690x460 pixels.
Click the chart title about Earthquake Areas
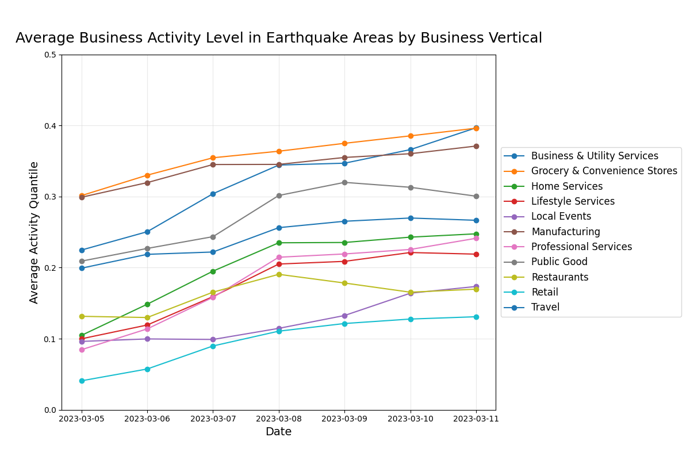tap(278, 39)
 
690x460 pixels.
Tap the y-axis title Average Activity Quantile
tap(34, 232)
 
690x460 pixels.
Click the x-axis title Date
tap(278, 432)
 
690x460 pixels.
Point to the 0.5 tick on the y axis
tap(51, 55)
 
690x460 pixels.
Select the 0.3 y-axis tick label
tap(51, 197)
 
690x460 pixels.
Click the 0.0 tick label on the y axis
tap(51, 410)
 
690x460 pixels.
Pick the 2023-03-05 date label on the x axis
tap(82, 419)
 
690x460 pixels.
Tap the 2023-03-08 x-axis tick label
tap(279, 419)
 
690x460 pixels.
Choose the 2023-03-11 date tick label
tap(476, 419)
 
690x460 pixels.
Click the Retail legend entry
tap(545, 292)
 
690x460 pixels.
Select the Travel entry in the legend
tap(545, 307)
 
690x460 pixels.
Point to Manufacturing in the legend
tap(565, 232)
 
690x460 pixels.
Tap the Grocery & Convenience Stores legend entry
tap(604, 171)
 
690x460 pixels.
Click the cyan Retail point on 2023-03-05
tap(82, 381)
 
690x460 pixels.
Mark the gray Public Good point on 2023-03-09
tap(344, 182)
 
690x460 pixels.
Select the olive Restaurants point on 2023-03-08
tap(279, 274)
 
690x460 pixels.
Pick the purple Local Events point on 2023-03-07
tap(213, 339)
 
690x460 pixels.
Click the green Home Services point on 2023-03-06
tap(147, 304)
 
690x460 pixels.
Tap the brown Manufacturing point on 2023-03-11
tap(476, 146)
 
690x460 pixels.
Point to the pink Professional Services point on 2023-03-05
tap(82, 350)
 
